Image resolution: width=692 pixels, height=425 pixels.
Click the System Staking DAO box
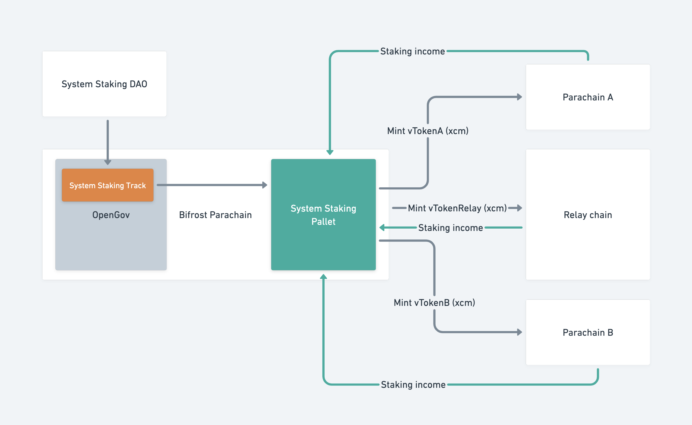pos(104,84)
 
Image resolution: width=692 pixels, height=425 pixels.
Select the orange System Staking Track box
pos(107,185)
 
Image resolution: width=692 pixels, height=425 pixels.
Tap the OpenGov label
pos(111,215)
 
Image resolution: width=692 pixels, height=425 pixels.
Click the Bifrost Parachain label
pos(215,215)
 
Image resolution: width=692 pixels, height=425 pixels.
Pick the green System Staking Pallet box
pos(323,215)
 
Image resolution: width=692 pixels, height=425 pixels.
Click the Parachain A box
pos(587,97)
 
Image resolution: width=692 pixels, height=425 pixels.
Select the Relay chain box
pos(587,215)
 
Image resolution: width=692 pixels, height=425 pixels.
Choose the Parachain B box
pos(587,333)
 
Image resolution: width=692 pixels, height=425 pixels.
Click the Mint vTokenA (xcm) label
pos(428,131)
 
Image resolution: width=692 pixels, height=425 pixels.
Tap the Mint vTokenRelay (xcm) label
pos(457,208)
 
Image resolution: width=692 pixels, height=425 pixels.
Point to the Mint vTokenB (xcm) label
pos(434,303)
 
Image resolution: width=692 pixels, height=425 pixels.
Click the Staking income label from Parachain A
pos(412,52)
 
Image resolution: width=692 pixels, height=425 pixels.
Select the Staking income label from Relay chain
pos(451,228)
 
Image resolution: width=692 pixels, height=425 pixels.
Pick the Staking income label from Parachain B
pos(413,385)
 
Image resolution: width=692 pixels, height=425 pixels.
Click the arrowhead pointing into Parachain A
pos(519,97)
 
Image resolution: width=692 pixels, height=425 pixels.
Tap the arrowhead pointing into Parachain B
pos(519,332)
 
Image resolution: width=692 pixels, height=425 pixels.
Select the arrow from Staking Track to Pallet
pos(211,185)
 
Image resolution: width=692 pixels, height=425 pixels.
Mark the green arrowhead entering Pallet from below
pos(323,277)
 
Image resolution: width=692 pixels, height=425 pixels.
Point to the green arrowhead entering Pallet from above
pos(330,152)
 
